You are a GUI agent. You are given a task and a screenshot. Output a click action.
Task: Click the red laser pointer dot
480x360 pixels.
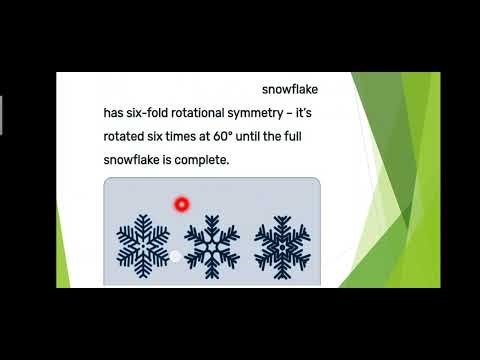coord(181,204)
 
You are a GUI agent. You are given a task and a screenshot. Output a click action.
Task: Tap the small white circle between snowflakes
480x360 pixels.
coord(176,257)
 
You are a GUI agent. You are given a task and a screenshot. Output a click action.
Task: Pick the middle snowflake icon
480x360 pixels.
coord(211,246)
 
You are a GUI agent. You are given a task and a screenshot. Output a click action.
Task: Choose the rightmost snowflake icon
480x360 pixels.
coord(280,246)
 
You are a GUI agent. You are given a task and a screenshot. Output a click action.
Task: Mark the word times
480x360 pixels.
coord(197,136)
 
